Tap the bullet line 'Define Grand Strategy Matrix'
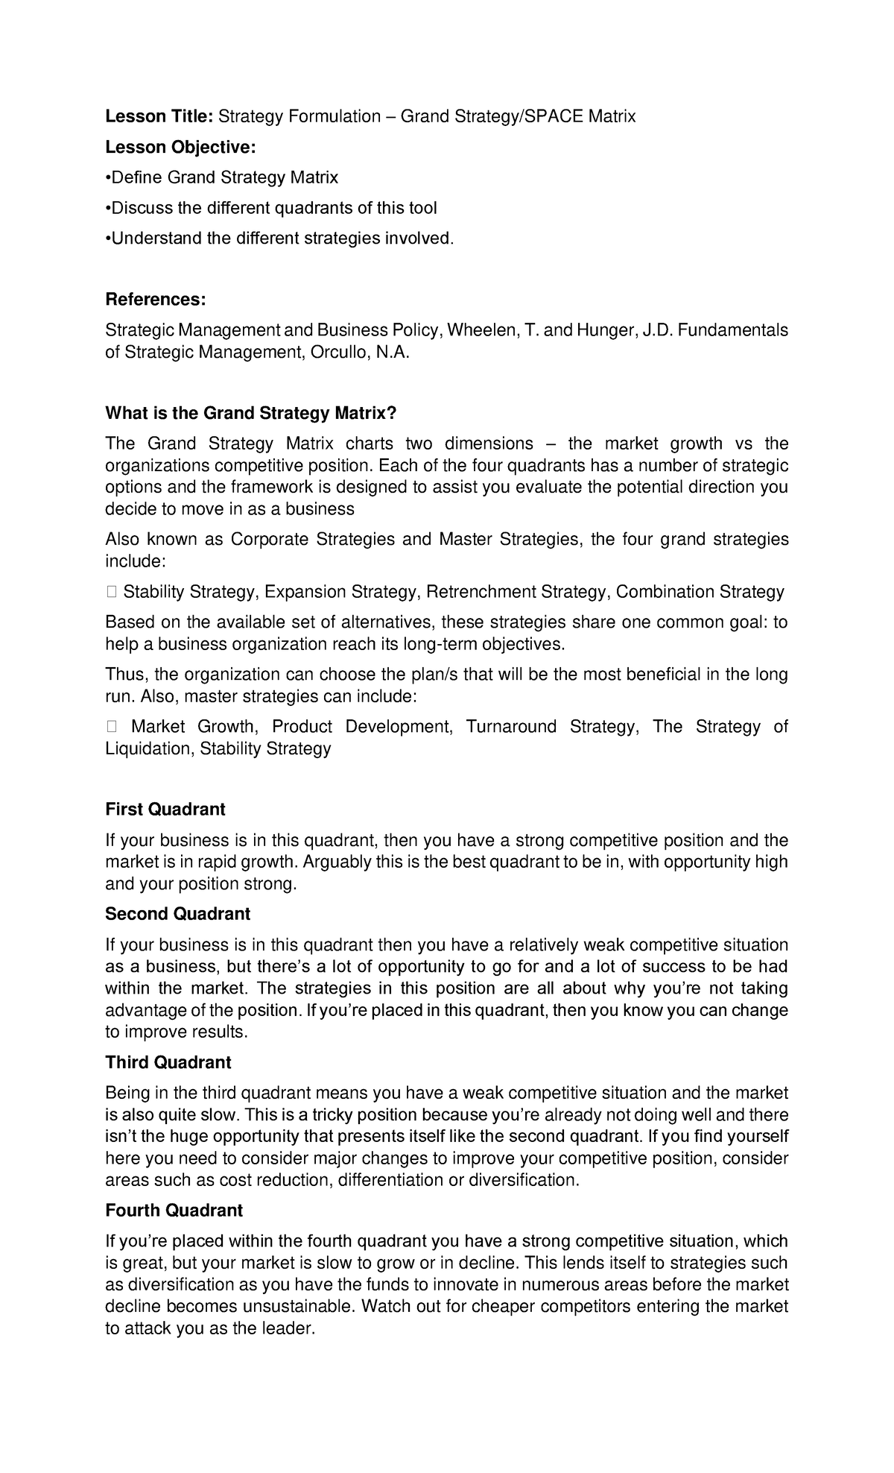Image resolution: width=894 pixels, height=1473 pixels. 222,177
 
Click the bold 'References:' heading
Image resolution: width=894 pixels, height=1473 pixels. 155,300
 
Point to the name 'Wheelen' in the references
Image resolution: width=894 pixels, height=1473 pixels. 478,330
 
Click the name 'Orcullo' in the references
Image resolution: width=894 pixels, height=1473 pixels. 333,352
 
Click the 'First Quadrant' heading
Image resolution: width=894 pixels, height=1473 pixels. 165,809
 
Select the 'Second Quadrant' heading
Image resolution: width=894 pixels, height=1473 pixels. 177,914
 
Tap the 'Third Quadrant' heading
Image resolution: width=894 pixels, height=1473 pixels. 168,1062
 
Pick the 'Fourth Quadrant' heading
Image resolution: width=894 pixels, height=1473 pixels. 174,1211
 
